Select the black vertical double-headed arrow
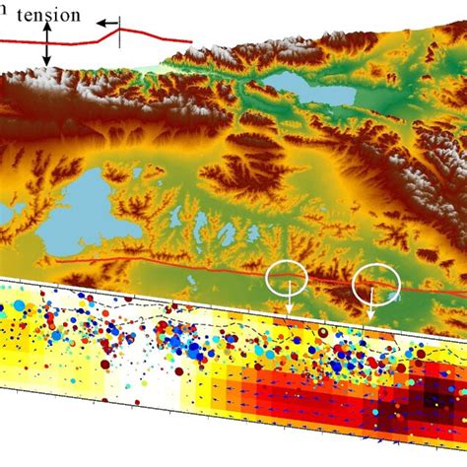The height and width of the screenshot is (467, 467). [46, 45]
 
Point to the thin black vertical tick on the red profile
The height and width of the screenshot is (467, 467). [120, 34]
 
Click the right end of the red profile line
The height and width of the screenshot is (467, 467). [191, 41]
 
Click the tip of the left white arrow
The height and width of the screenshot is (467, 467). [290, 316]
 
